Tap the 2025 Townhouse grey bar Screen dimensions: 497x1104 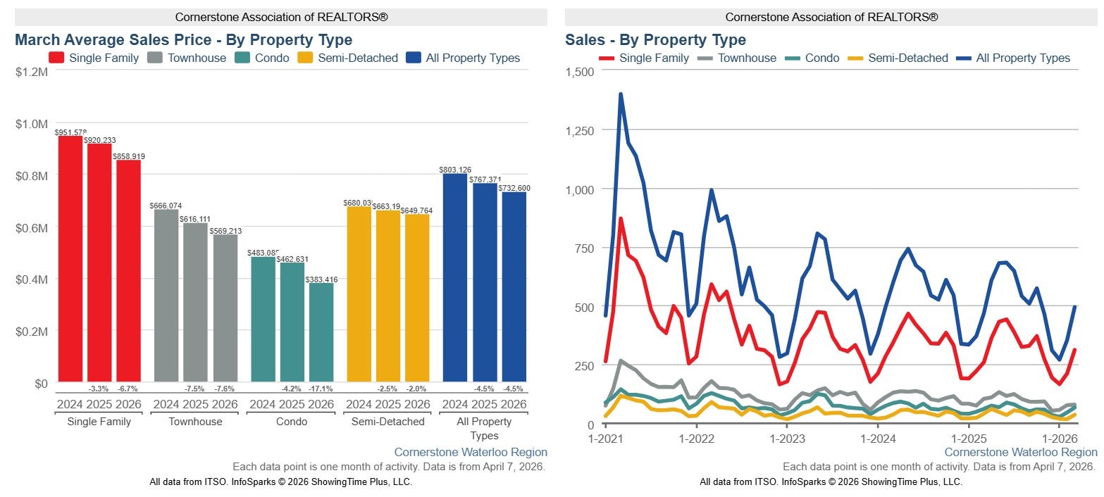click(x=195, y=303)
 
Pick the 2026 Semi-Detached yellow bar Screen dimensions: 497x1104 click(x=417, y=298)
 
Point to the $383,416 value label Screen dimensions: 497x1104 click(x=321, y=279)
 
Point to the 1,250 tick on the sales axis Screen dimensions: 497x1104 click(x=578, y=130)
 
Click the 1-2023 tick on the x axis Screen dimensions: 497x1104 click(x=787, y=438)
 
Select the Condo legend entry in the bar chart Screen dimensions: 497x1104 click(x=262, y=58)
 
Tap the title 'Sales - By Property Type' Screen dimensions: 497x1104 click(x=655, y=40)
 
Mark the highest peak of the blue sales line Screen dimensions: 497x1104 click(x=621, y=94)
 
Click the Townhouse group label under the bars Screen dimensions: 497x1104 click(x=195, y=422)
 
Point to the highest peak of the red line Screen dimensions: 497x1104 click(x=621, y=219)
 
